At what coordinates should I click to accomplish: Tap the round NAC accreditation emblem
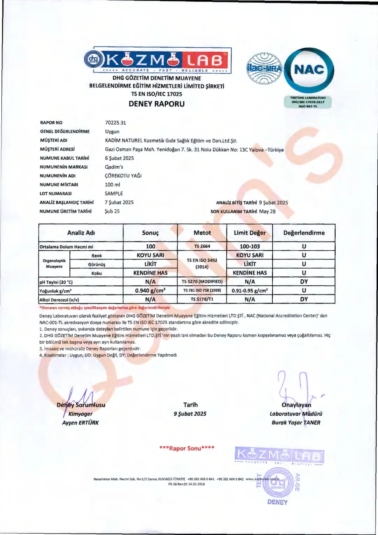309,70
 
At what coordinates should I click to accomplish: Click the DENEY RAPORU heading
156,104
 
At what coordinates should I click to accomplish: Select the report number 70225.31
115,123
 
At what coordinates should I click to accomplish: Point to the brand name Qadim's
114,167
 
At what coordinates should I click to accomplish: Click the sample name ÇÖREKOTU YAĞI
123,176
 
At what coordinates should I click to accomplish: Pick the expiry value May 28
267,211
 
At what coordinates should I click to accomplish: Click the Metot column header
202,233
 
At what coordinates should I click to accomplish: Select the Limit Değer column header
250,233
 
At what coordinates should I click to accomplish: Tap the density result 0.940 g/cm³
150,291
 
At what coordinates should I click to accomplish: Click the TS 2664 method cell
202,246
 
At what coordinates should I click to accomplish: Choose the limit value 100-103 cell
250,246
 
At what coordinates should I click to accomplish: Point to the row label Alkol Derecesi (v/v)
59,300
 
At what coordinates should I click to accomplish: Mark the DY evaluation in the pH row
304,282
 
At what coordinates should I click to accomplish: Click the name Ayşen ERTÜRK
80,423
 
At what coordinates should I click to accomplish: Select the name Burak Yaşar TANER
296,423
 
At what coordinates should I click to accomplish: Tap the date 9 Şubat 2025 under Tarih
190,414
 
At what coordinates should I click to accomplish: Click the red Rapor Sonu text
187,449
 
